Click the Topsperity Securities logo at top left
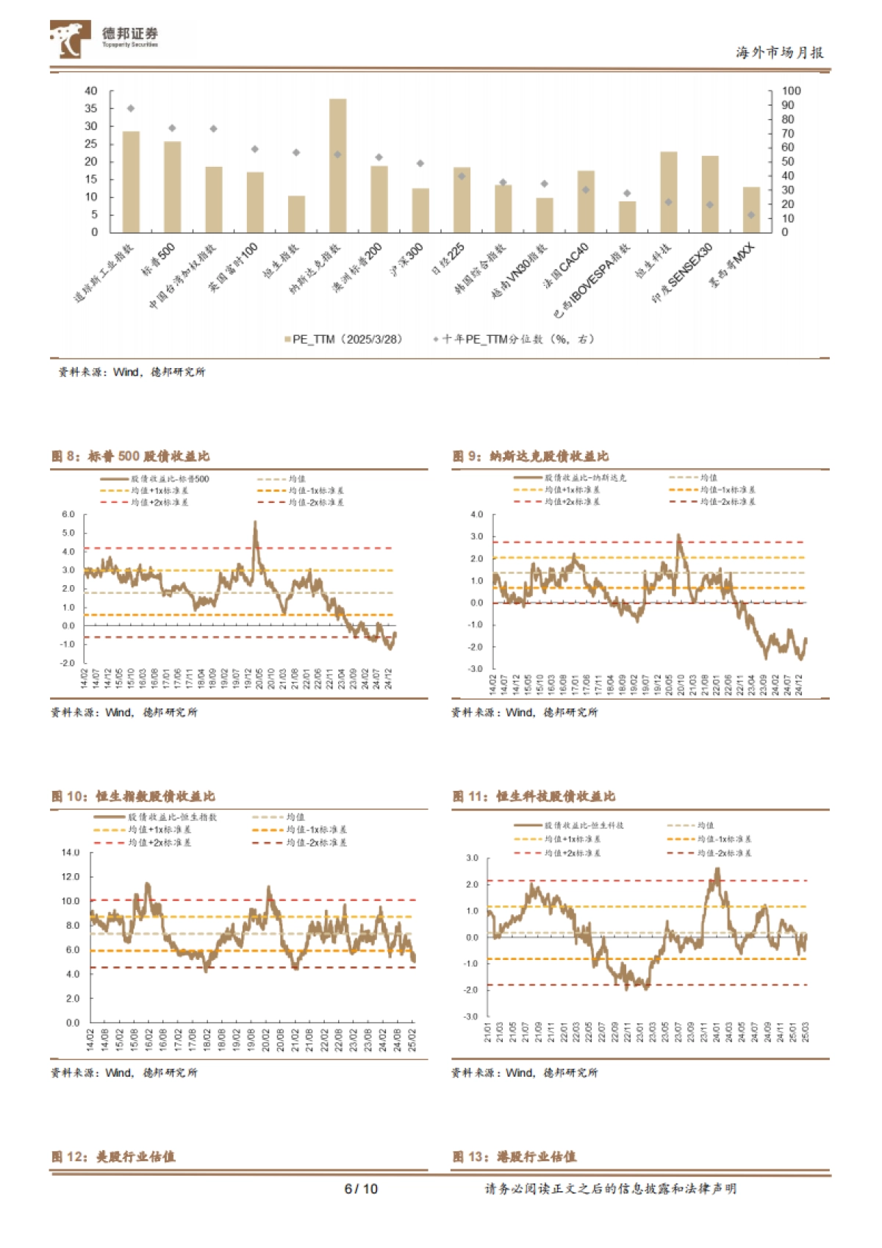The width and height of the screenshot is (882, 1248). tap(104, 39)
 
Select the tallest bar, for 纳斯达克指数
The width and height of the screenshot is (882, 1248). tap(337, 165)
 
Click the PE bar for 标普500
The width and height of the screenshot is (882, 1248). tap(172, 187)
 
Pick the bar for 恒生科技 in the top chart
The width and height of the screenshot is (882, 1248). tap(668, 192)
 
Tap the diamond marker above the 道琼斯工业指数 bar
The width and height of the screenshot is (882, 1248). tap(131, 109)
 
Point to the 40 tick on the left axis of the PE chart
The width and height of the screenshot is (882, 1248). tap(91, 91)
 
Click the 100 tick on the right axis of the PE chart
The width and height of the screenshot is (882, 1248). tap(791, 91)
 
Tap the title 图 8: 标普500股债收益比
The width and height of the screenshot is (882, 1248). tap(131, 456)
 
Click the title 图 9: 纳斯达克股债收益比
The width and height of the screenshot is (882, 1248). tap(531, 456)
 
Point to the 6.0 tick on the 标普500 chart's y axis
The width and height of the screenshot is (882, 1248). tap(68, 514)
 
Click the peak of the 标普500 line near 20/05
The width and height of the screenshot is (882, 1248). tap(255, 523)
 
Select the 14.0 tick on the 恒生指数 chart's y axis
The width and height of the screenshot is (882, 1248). tap(71, 853)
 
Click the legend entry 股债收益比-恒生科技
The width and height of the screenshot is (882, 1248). tap(583, 825)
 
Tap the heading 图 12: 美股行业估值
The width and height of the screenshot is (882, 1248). tap(113, 1157)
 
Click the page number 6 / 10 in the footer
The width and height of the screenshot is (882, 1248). tap(361, 1189)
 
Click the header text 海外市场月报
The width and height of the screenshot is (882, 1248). tap(779, 53)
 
